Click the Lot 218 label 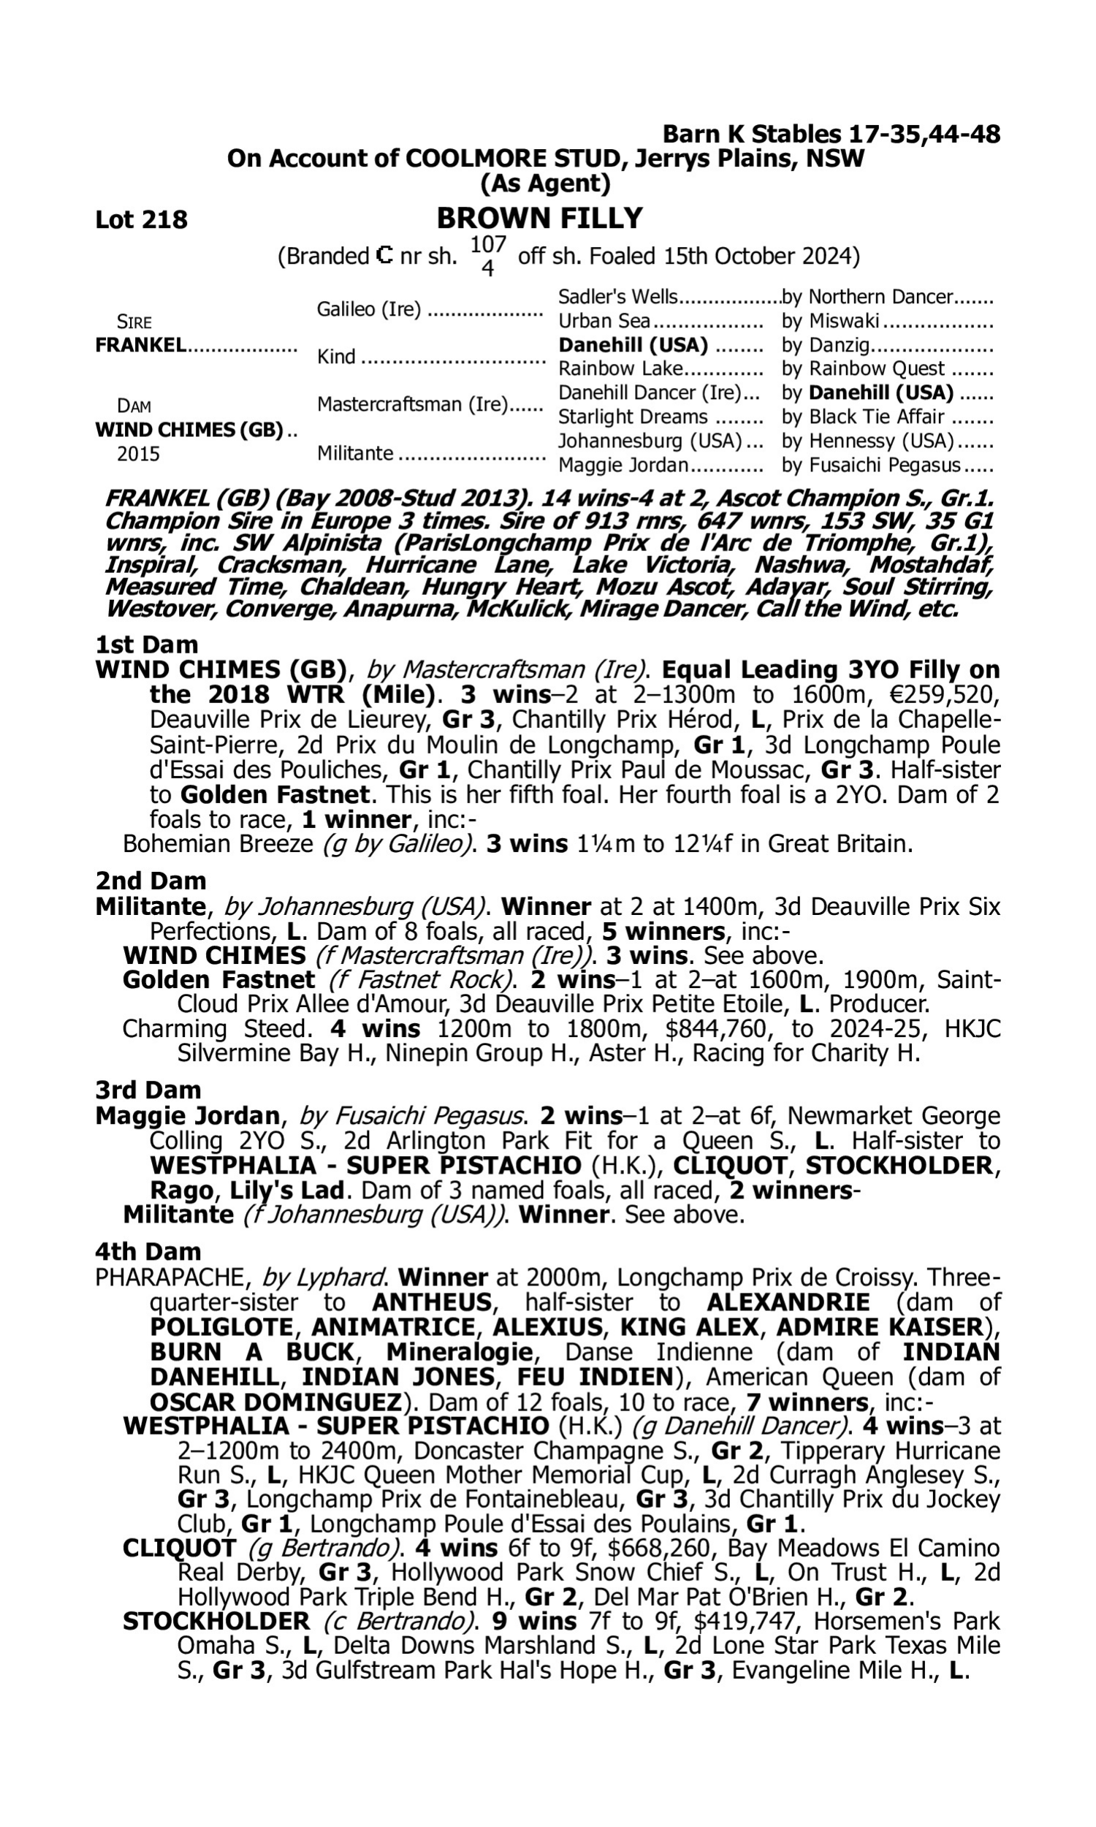tap(141, 219)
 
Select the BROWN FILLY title tap(539, 219)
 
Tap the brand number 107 tap(488, 244)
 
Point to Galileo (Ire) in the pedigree tap(368, 309)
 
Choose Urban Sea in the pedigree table tap(604, 322)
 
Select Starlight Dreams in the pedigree tap(632, 417)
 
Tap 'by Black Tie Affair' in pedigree tap(864, 417)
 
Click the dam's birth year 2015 tap(138, 453)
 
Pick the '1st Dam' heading tap(146, 645)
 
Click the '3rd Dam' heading tap(148, 1090)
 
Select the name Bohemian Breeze tap(218, 844)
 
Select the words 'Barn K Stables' tap(751, 134)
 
